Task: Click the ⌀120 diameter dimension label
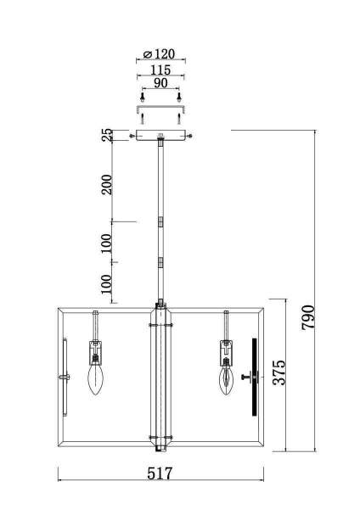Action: coord(160,54)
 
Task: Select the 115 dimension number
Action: coord(160,70)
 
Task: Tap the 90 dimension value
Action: coord(160,83)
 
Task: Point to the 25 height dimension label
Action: coord(108,135)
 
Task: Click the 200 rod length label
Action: coord(107,184)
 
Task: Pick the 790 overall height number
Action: coord(307,317)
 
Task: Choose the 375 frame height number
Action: coord(278,372)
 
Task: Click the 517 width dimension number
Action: coord(160,473)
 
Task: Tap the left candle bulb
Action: coord(96,379)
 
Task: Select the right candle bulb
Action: coord(226,380)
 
